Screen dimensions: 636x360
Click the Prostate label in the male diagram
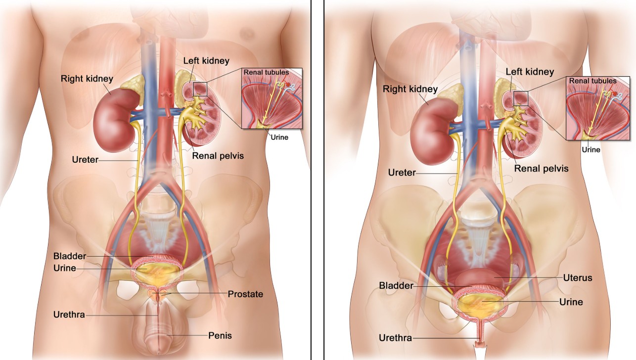click(245, 294)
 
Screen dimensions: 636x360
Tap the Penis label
click(220, 336)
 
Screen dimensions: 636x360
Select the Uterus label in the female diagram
click(578, 278)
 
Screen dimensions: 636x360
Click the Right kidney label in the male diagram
click(87, 79)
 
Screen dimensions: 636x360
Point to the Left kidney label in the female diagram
click(530, 72)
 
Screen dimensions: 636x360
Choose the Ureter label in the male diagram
click(85, 160)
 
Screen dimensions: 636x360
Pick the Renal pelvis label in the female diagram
click(542, 169)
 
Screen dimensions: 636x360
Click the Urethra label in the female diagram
click(396, 338)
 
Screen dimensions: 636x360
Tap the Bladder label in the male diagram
click(70, 256)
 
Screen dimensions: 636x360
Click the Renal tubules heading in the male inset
click(266, 72)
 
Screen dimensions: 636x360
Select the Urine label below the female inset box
click(591, 150)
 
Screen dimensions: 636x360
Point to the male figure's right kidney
click(115, 121)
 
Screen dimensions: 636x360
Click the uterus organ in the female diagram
click(480, 278)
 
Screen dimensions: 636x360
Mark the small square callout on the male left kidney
click(200, 89)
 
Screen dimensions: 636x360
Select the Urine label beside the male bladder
click(65, 268)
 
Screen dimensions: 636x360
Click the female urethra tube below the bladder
click(480, 331)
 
